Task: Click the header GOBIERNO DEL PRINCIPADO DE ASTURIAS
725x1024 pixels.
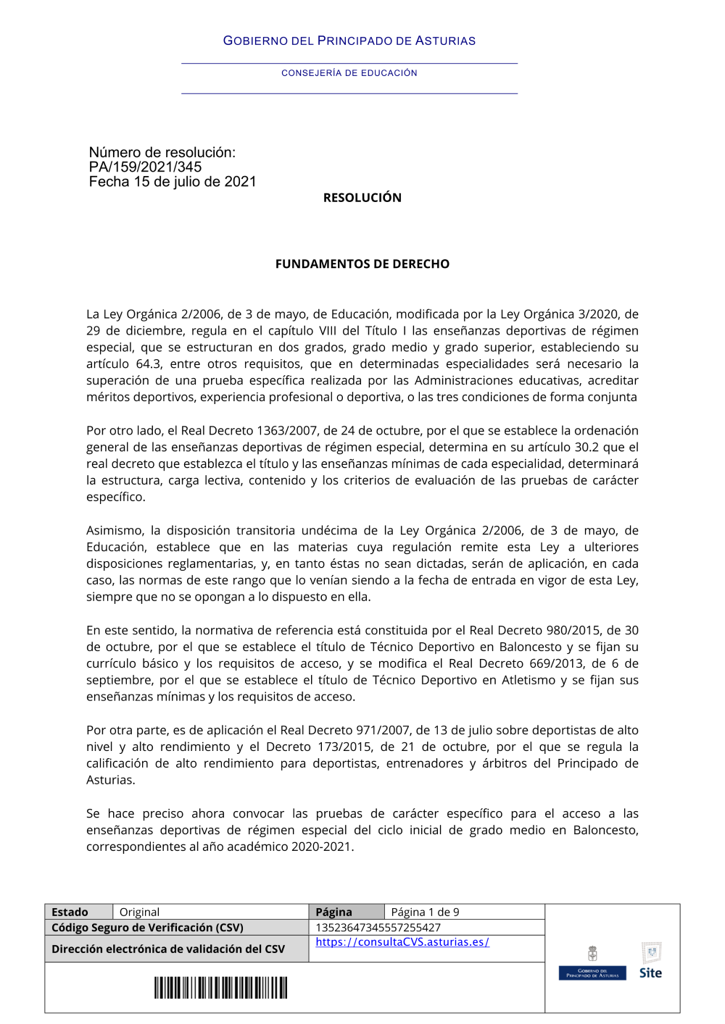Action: pyautogui.click(x=349, y=41)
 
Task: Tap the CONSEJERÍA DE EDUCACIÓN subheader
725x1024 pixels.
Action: pyautogui.click(x=349, y=73)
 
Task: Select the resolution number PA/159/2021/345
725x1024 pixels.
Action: pyautogui.click(x=145, y=167)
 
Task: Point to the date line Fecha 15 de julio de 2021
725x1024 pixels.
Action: pyautogui.click(x=173, y=182)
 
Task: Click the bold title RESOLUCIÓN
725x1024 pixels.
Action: pyautogui.click(x=362, y=198)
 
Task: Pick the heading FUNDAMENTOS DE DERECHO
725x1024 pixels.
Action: pyautogui.click(x=362, y=264)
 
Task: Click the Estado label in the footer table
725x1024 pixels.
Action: pyautogui.click(x=70, y=912)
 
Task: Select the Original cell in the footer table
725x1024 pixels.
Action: pyautogui.click(x=139, y=912)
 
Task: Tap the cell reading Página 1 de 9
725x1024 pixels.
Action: pyautogui.click(x=425, y=912)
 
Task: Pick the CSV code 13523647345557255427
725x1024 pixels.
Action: pyautogui.click(x=378, y=928)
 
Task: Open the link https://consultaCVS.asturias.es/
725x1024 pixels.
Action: pyautogui.click(x=402, y=942)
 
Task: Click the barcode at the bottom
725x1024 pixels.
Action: pyautogui.click(x=220, y=988)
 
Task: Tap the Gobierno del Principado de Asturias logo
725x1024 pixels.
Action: pyautogui.click(x=592, y=964)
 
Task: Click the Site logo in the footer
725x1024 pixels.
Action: pyautogui.click(x=650, y=962)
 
